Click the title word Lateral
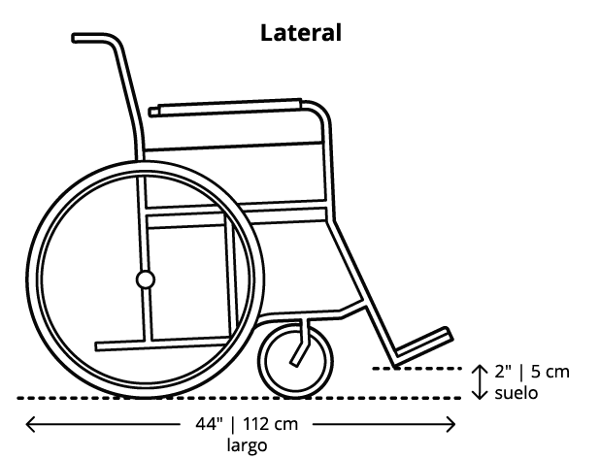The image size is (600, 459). (301, 33)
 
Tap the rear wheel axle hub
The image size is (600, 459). (146, 279)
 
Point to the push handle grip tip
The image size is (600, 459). (74, 38)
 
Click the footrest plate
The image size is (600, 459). (424, 343)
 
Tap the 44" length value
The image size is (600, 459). (209, 424)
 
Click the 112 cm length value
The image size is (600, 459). (270, 424)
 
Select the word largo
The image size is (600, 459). (247, 445)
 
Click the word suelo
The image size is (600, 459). (517, 393)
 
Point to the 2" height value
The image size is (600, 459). (503, 372)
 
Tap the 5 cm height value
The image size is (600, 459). (550, 372)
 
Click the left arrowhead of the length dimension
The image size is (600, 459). (30, 424)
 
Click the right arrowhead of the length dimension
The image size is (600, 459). (450, 424)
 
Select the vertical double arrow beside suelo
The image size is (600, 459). (480, 382)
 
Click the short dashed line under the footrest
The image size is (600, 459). (417, 369)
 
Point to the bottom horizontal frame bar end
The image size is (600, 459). (97, 346)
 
